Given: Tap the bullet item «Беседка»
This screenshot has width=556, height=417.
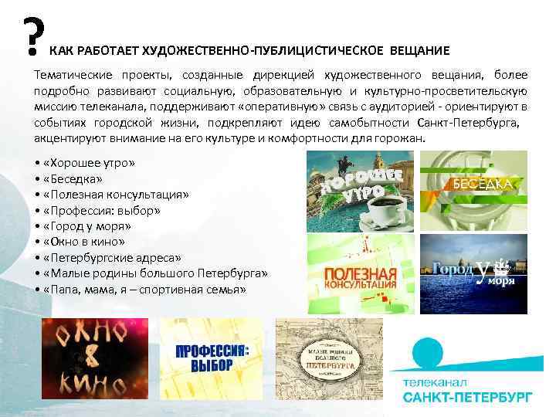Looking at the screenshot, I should [x=78, y=178].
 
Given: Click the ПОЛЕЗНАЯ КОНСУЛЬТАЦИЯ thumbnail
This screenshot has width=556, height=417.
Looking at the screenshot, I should [x=361, y=274].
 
